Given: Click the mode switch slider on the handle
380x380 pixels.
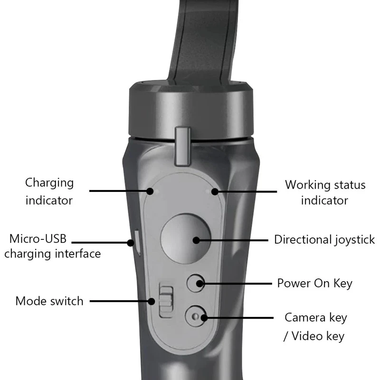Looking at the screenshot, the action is tap(165, 300).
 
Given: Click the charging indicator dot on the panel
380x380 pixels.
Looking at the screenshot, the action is tap(150, 191).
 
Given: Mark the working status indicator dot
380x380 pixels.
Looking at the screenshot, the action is tap(215, 192).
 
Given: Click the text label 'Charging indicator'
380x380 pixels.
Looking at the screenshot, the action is tap(49, 191).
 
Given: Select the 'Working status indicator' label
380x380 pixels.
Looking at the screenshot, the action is tap(325, 192).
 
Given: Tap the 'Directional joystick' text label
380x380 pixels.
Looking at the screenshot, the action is tap(324, 239).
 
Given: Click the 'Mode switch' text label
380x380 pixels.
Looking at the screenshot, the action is tap(49, 301).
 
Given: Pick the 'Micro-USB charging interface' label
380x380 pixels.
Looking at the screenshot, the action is tap(52, 246).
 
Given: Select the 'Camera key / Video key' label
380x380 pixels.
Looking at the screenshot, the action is tap(315, 326).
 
